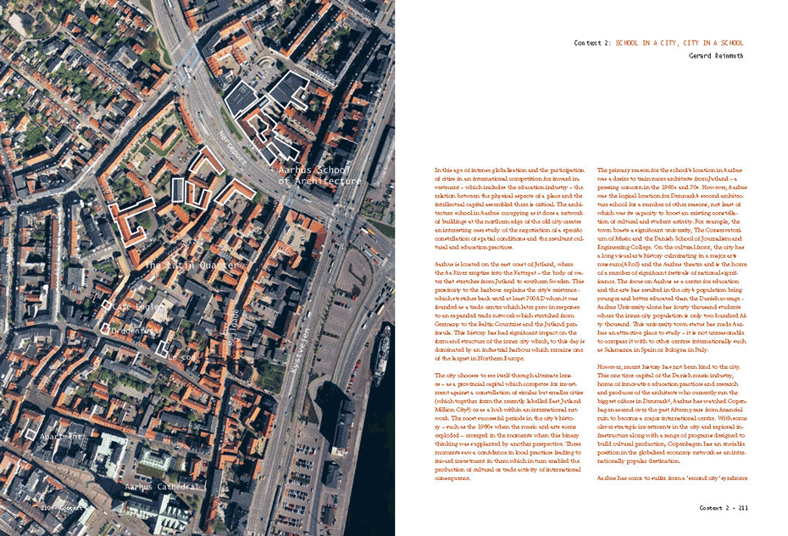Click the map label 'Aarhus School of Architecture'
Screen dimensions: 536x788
pos(319,176)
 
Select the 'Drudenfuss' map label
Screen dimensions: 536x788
pos(141,331)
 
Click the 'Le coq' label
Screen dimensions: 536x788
pos(180,357)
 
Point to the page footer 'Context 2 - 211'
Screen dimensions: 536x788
pos(723,507)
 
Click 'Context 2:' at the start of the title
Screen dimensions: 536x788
pos(592,42)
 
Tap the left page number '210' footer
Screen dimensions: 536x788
pos(48,507)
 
